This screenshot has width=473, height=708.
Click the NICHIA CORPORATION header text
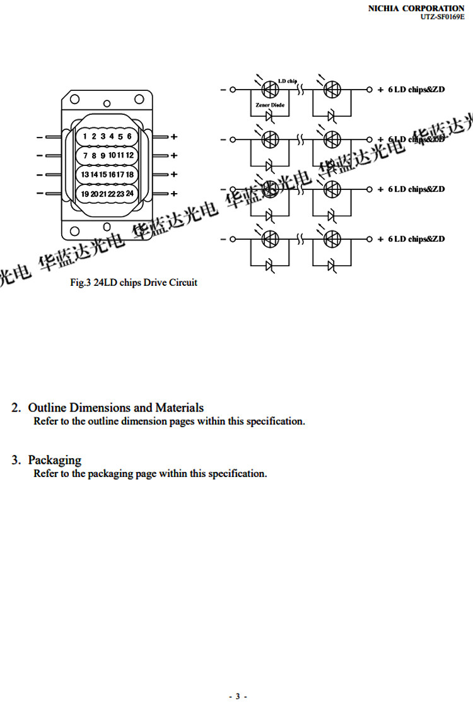[x=416, y=8]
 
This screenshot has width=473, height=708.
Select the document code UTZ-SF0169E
[x=442, y=16]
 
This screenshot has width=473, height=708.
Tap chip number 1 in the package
[x=85, y=136]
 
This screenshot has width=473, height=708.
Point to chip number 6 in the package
[x=129, y=136]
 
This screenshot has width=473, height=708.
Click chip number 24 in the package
[x=129, y=194]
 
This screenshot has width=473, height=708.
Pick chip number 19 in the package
[x=85, y=194]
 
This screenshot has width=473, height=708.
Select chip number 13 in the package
[x=85, y=174]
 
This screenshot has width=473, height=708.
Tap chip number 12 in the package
[x=129, y=155]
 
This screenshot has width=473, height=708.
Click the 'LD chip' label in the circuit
[x=288, y=81]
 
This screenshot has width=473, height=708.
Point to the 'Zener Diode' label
[x=270, y=105]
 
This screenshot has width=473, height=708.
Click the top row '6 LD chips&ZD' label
[x=416, y=90]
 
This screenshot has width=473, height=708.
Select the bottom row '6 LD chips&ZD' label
[x=416, y=239]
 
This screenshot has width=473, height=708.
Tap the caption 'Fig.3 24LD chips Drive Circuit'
[x=133, y=283]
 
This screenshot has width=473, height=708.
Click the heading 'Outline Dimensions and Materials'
[x=115, y=408]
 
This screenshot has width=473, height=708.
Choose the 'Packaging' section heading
[x=54, y=460]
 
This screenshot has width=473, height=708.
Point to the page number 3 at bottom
[x=237, y=696]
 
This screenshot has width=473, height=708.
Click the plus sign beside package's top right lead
[x=174, y=136]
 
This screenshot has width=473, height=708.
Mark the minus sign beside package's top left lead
[x=40, y=136]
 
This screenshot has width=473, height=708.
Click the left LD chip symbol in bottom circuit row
[x=271, y=239]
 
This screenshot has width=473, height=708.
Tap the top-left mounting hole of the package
[x=74, y=98]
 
